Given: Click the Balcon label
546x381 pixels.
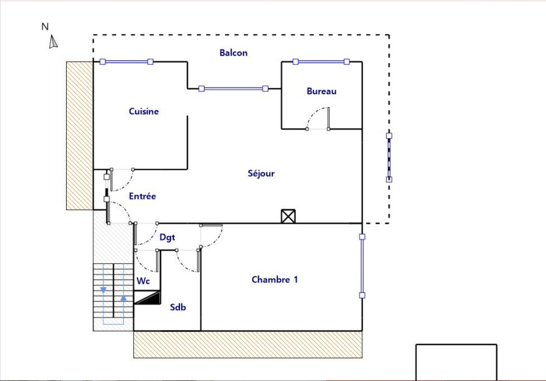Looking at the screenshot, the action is click(233, 53).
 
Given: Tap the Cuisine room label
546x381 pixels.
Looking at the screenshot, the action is click(144, 111).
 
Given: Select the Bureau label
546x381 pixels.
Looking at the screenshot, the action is click(322, 91).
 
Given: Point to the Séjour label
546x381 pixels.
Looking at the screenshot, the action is click(261, 173).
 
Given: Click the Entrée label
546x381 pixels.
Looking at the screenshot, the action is click(143, 196).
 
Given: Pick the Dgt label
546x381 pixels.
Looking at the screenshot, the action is click(167, 237).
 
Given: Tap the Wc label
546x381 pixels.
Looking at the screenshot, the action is click(143, 281).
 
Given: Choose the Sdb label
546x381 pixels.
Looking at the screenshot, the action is click(178, 307).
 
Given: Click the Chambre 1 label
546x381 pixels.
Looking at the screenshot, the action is click(275, 280).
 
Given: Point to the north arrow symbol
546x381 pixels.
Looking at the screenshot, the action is click(53, 42).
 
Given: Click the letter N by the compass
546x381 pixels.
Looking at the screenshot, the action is click(45, 27).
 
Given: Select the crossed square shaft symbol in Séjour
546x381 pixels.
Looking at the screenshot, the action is click(288, 216).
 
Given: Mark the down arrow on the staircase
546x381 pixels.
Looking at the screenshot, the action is click(103, 290).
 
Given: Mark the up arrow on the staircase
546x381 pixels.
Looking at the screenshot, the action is click(123, 298).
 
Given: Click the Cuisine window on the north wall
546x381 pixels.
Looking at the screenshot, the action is click(126, 62).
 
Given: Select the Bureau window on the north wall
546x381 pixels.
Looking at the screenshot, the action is click(321, 62).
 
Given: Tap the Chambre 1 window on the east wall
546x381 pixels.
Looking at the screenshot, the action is click(362, 266).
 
